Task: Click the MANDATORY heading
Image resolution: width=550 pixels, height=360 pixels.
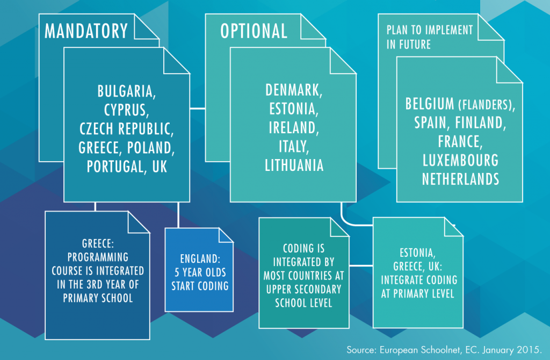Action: (x=86, y=31)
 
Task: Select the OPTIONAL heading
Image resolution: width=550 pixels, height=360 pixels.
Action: (x=254, y=31)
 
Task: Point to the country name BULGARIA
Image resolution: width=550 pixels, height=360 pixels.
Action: (x=126, y=91)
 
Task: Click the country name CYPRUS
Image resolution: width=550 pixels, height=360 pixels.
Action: (x=126, y=110)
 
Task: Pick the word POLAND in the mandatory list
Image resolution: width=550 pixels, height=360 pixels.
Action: (x=151, y=148)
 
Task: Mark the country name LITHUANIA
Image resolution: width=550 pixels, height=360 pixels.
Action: (x=294, y=165)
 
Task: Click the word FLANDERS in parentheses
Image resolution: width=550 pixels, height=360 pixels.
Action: (x=486, y=105)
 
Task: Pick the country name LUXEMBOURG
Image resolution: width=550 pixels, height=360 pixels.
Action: (x=460, y=160)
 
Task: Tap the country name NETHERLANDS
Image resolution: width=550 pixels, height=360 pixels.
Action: (x=460, y=179)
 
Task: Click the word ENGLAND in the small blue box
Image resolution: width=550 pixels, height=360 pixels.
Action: (x=200, y=259)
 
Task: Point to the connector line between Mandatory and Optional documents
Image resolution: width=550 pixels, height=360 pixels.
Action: (x=198, y=109)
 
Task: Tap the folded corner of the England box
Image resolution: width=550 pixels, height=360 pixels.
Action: (x=226, y=235)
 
